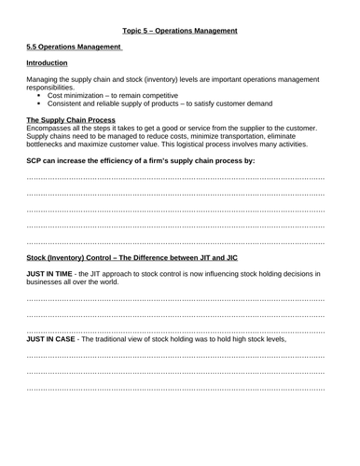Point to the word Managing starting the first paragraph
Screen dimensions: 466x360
click(x=45, y=82)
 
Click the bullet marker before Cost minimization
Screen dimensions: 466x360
click(x=39, y=99)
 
